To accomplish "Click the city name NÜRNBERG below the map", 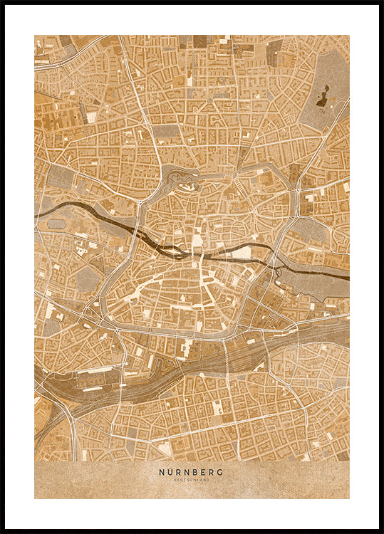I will coord(192,471).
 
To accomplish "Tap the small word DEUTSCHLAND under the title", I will coord(192,480).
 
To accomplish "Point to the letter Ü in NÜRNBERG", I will coord(169,471).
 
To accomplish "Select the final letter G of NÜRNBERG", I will coord(220,471).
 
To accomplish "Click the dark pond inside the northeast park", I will coord(322,96).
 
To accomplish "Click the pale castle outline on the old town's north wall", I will coord(187,187).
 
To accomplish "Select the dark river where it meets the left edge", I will coord(38,212).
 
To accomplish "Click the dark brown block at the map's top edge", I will coord(199,41).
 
